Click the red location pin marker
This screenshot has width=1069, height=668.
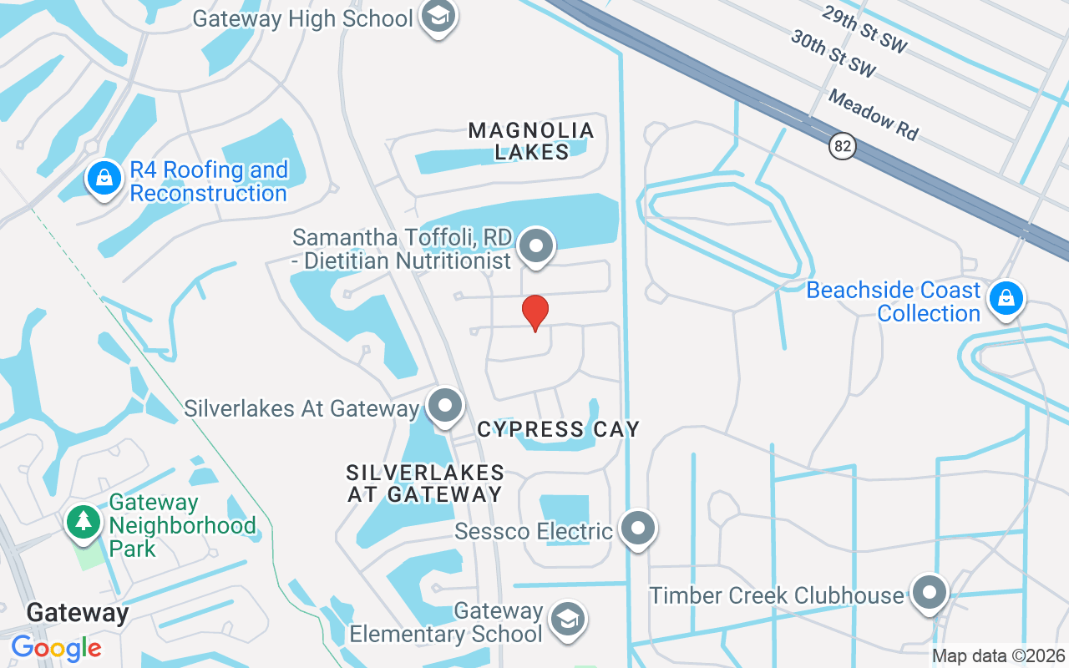click(535, 312)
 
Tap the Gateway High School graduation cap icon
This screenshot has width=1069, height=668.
click(438, 16)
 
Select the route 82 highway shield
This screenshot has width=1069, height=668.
click(843, 147)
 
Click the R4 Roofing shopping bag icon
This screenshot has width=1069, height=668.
click(104, 180)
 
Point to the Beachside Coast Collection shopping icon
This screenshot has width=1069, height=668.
click(1006, 298)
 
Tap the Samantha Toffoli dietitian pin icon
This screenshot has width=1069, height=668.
click(535, 247)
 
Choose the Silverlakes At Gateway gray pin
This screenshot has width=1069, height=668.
click(445, 406)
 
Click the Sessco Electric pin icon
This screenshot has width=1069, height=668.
click(639, 529)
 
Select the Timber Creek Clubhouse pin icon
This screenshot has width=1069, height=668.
click(929, 593)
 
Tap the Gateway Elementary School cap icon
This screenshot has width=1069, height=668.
click(568, 620)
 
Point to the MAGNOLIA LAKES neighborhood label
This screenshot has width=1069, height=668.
click(531, 141)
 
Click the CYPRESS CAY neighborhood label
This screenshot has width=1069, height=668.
click(558, 430)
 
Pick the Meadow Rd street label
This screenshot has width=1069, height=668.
click(873, 114)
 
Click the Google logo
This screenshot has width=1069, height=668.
click(56, 648)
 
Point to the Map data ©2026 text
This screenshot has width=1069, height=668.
click(998, 655)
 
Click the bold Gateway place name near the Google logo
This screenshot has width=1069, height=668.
click(78, 613)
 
